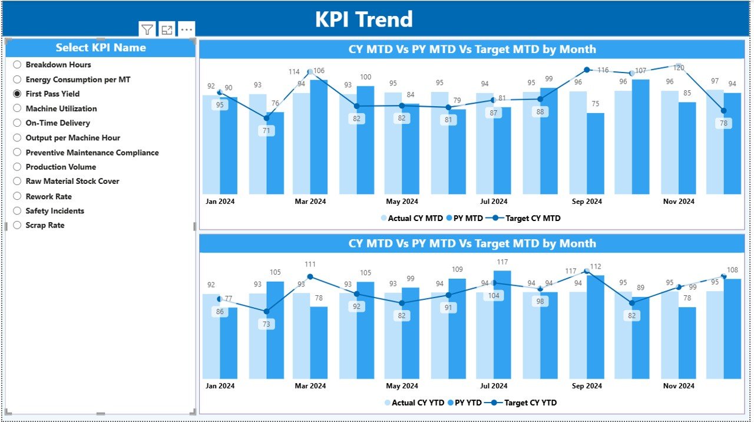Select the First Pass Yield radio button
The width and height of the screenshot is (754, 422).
(x=17, y=94)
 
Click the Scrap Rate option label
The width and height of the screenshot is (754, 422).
(x=45, y=225)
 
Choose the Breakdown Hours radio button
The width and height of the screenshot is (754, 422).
(x=17, y=65)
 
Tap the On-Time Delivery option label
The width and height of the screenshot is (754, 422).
(x=58, y=123)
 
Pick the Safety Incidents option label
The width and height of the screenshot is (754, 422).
(x=55, y=211)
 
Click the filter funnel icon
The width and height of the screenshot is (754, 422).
(x=147, y=29)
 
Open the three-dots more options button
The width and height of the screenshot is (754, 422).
(x=187, y=29)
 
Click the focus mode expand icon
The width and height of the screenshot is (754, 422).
(x=167, y=29)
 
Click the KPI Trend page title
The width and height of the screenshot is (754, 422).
(x=363, y=19)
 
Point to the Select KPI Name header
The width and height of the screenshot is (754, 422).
(x=101, y=48)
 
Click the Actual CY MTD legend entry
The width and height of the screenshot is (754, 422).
(x=415, y=218)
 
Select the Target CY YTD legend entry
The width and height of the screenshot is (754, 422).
(x=530, y=403)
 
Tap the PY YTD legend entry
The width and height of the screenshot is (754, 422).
(x=465, y=403)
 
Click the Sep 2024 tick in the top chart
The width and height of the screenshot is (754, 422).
(x=586, y=202)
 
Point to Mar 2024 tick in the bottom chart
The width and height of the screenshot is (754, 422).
(x=310, y=386)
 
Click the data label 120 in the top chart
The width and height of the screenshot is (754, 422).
(x=679, y=68)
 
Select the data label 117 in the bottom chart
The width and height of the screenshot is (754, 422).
(x=502, y=262)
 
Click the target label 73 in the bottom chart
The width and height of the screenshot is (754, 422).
(x=266, y=324)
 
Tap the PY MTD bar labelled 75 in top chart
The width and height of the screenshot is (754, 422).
(x=595, y=153)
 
